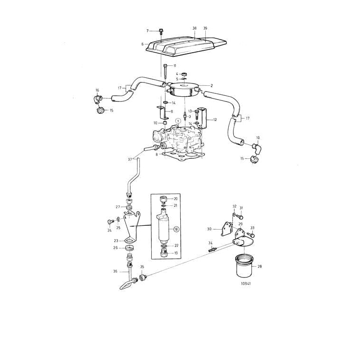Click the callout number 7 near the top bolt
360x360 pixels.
click(148, 31)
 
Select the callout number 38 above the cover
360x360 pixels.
click(194, 28)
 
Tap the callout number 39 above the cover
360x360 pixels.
click(205, 28)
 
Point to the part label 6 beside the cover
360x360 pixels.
click(142, 44)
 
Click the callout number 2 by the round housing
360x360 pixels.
click(212, 85)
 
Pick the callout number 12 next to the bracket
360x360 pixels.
click(214, 120)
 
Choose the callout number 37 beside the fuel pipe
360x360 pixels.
click(129, 159)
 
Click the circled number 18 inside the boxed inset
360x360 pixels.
click(176, 229)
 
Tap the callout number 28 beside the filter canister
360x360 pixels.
click(259, 267)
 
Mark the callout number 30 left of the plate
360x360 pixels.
click(209, 229)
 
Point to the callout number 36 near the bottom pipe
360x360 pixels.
click(115, 271)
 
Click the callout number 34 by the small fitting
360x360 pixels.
click(210, 243)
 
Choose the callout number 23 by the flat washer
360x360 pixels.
click(116, 241)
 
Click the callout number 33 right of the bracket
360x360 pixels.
click(252, 228)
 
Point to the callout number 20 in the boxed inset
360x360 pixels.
click(175, 199)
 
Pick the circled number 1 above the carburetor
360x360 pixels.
click(178, 121)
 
